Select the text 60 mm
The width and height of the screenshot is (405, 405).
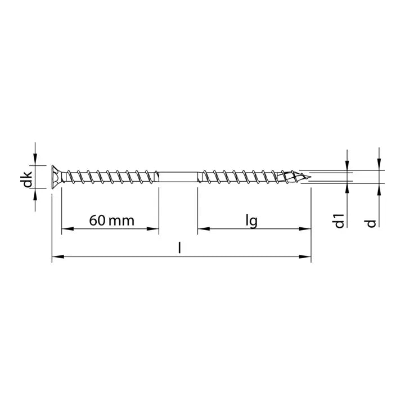(111, 220)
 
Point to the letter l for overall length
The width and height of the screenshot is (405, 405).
(179, 247)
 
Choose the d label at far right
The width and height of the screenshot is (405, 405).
(371, 223)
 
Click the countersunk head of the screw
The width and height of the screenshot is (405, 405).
(57, 176)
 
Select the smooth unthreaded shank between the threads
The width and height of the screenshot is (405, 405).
(178, 177)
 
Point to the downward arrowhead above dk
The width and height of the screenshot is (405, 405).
(36, 160)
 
